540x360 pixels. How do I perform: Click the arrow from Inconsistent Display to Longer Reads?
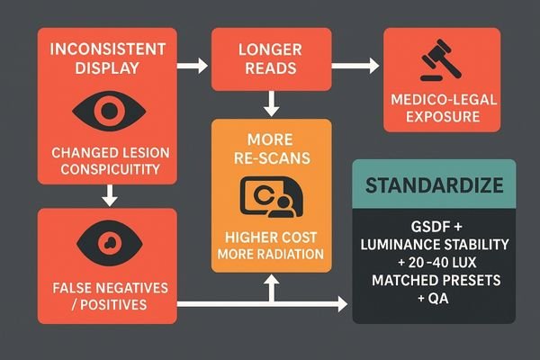(x=192, y=65)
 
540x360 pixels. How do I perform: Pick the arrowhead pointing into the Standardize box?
(x=343, y=305)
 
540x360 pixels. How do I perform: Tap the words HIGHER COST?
(x=271, y=238)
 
